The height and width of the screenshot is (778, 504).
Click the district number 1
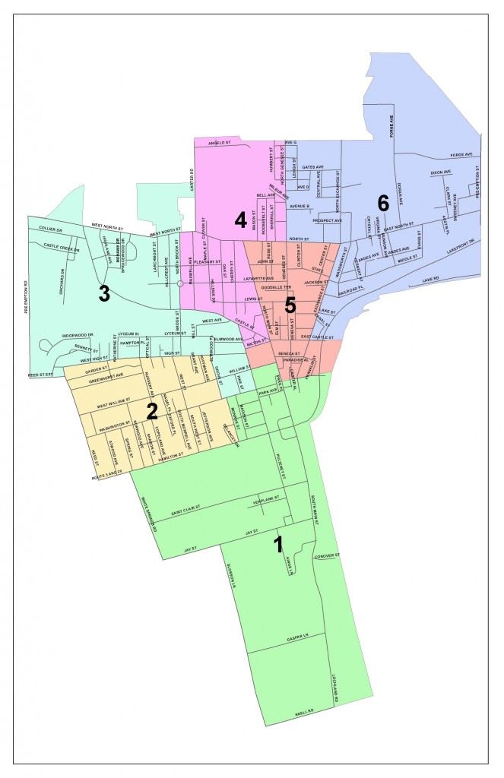278,544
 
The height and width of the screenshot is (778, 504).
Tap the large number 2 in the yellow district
152,411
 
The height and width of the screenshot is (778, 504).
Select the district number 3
103,294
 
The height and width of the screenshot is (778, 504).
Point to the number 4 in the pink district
240,221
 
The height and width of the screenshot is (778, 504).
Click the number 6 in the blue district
382,203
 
